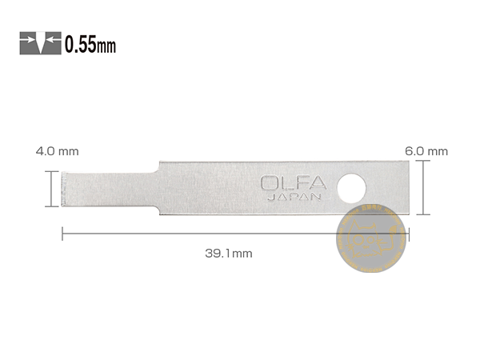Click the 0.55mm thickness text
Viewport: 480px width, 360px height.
[x=90, y=45]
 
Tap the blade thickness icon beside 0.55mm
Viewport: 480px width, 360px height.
[x=40, y=42]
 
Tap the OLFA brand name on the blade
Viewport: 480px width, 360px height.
[x=293, y=183]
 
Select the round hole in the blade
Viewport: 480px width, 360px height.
[x=350, y=188]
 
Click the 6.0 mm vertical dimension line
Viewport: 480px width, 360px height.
[x=426, y=187]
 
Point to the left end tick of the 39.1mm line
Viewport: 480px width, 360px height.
[x=62, y=234]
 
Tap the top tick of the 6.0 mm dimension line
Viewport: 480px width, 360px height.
[x=426, y=161]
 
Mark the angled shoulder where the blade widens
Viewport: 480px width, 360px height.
[x=162, y=166]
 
